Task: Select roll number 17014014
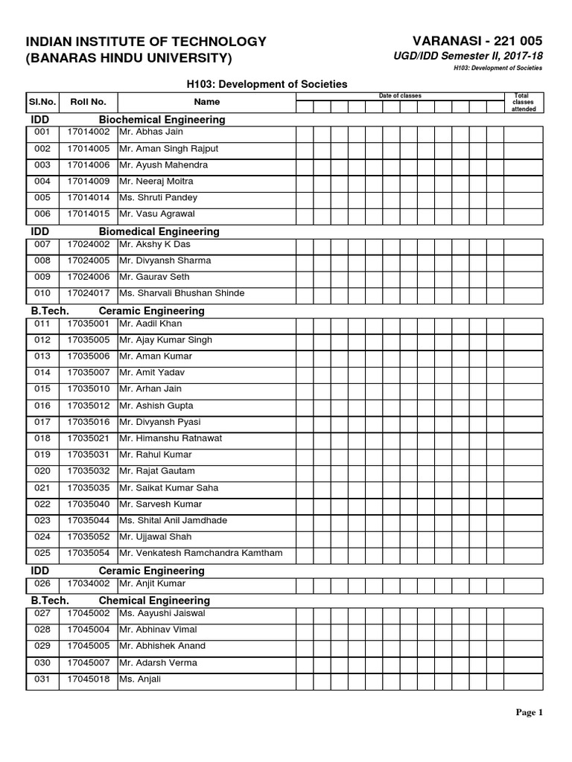[x=88, y=198]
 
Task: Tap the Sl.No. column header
[x=41, y=102]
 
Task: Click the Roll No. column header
[x=88, y=102]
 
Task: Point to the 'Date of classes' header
[x=400, y=96]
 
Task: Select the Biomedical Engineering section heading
[x=159, y=231]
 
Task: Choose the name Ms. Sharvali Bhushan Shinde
[x=181, y=293]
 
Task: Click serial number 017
[x=42, y=422]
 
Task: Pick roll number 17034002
[x=88, y=585]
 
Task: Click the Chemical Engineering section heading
[x=154, y=601]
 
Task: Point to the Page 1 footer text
[x=530, y=713]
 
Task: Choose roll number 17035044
[x=88, y=520]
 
